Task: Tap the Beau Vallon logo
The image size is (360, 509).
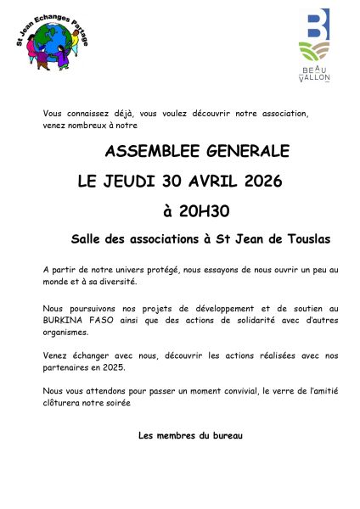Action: (x=314, y=47)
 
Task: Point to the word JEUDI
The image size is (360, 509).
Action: (x=134, y=181)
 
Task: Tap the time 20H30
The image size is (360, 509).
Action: (x=204, y=210)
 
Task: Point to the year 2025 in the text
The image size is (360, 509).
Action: (x=112, y=367)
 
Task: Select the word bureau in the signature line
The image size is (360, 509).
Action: (x=225, y=435)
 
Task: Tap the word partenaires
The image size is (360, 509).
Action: (x=66, y=367)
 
